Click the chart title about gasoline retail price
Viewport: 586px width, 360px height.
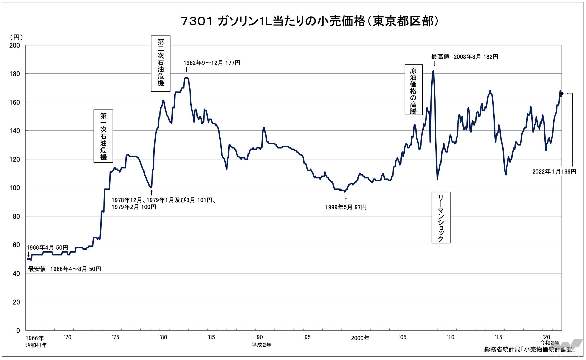tap(310, 21)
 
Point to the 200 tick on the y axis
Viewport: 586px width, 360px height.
tap(15, 45)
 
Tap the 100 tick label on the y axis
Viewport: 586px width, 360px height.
tap(15, 188)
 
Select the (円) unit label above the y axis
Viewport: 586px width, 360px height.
tap(16, 37)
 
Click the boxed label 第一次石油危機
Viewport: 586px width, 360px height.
tap(103, 136)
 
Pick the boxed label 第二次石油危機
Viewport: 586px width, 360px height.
tap(160, 64)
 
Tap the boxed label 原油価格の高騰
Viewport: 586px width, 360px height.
tap(413, 90)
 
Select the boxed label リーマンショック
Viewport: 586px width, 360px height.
tap(441, 217)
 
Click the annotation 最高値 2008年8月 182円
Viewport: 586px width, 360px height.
tap(465, 57)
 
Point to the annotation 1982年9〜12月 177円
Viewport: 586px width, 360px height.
tap(212, 63)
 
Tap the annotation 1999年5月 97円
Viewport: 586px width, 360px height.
tap(346, 207)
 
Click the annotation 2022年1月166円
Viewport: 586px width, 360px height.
tap(554, 172)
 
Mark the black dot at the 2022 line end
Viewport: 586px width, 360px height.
tap(562, 94)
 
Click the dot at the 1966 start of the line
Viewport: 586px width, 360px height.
tap(28, 259)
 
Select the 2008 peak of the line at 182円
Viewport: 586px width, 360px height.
tap(433, 71)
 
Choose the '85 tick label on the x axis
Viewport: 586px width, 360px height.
tap(211, 337)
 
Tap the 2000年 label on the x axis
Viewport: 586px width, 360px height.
tap(360, 338)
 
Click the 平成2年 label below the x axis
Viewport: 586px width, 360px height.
tap(261, 345)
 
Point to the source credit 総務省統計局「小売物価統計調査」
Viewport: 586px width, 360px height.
tap(530, 349)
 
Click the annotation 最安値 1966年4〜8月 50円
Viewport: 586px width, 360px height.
tap(65, 269)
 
